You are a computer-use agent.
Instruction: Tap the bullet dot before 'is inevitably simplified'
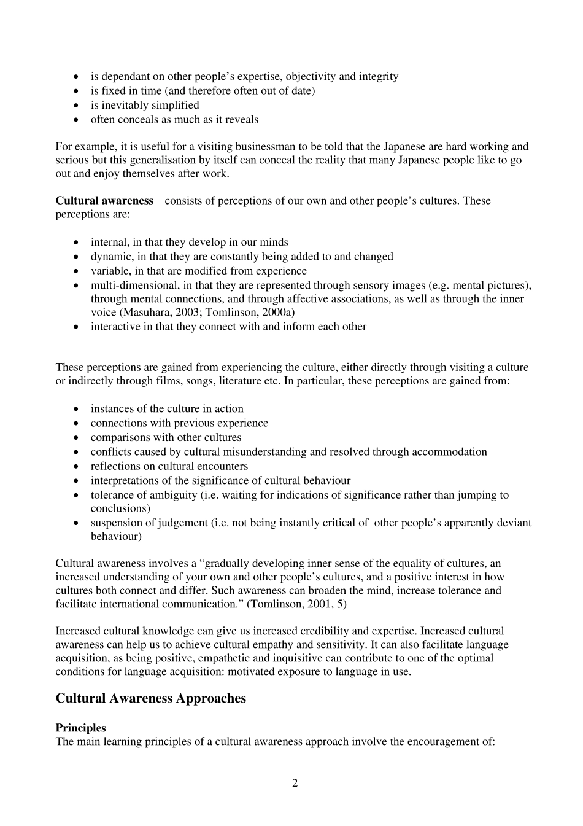(x=75, y=106)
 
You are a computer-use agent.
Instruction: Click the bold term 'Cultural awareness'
(x=104, y=200)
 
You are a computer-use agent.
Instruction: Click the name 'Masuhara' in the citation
(x=142, y=312)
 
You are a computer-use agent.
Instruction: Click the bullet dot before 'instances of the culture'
(x=75, y=409)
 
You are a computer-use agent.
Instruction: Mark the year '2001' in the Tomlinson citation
(x=322, y=604)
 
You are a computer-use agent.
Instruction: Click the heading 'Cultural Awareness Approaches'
(x=150, y=698)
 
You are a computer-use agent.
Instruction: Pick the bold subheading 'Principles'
(x=80, y=728)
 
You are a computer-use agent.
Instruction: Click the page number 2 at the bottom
(x=295, y=783)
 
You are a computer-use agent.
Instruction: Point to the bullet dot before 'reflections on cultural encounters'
(x=75, y=467)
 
